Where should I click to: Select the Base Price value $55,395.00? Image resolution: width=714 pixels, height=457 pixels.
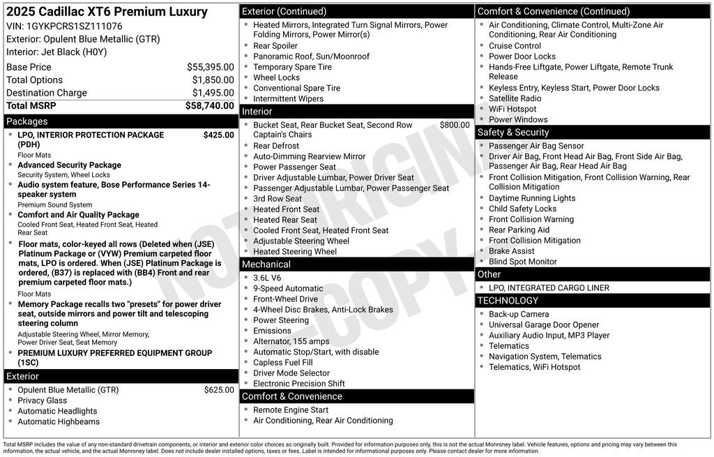point(210,67)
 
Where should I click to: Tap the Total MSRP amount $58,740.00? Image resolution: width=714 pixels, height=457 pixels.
point(209,105)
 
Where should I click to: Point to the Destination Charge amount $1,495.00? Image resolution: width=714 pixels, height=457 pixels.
point(213,93)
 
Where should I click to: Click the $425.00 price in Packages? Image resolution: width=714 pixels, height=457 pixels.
point(218,135)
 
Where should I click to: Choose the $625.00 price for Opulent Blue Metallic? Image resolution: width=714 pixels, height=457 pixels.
point(219,390)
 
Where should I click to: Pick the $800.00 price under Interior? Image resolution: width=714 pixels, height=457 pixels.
point(455,125)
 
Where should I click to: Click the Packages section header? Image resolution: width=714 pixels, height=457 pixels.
point(27,121)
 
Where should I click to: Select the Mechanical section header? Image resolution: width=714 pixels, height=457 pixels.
point(266,264)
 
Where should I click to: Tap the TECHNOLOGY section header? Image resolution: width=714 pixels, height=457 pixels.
point(508,301)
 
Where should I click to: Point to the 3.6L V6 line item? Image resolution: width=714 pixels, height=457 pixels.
point(267,278)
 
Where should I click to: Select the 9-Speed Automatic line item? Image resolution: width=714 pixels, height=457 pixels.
point(288,288)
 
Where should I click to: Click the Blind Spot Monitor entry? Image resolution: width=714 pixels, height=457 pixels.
point(522,262)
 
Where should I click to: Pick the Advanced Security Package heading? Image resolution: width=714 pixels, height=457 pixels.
point(69,165)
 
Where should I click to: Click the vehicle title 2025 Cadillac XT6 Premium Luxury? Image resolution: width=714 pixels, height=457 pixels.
point(107,12)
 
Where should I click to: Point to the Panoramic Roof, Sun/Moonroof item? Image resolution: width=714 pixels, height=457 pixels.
point(311,57)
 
